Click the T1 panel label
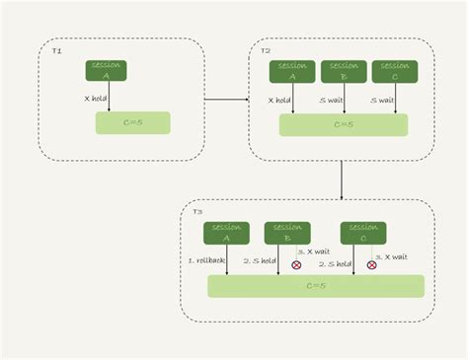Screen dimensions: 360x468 pos(56,49)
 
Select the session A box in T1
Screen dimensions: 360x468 pos(108,70)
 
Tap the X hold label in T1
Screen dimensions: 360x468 pos(95,98)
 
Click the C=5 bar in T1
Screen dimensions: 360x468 pos(132,123)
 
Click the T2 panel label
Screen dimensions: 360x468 pos(265,49)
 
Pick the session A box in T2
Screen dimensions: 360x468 pos(292,71)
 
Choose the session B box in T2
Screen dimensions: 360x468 pos(344,71)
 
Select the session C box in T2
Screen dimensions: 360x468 pos(395,71)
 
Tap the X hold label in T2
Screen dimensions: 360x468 pos(280,100)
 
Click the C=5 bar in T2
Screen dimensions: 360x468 pos(344,125)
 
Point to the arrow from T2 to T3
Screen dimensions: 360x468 pos(342,179)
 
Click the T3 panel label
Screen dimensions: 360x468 pos(197,212)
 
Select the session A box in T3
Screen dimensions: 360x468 pos(226,233)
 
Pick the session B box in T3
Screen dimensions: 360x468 pos(287,233)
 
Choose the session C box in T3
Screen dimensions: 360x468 pos(363,233)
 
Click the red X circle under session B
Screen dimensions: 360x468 pos(297,264)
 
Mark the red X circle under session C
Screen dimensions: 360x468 pos(372,264)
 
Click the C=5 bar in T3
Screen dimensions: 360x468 pos(316,286)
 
